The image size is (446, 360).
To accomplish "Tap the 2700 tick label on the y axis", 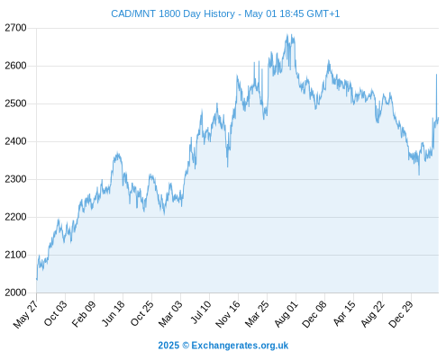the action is [x=15, y=28].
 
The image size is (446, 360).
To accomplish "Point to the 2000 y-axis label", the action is [x=15, y=292].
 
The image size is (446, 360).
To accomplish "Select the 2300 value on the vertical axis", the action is [x=15, y=179].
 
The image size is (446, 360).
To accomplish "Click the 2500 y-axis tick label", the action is [x=15, y=103].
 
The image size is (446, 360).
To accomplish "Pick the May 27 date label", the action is [x=26, y=314].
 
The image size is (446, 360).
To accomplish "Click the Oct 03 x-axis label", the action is [x=56, y=313].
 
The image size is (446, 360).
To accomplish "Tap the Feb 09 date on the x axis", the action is [x=84, y=313].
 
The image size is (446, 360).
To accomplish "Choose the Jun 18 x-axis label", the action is [x=113, y=313].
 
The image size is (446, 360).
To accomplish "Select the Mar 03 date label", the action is [x=170, y=314].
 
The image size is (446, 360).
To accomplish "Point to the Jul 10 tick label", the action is [x=201, y=312].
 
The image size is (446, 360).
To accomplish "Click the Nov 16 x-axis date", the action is [x=228, y=314].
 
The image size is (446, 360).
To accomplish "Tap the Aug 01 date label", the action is [x=287, y=314].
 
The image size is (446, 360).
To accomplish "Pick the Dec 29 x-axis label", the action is [x=401, y=314].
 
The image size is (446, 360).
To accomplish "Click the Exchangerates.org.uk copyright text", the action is [x=240, y=346].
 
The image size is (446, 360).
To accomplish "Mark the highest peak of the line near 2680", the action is [x=287, y=34].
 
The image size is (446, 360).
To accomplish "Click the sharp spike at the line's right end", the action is [x=436, y=74].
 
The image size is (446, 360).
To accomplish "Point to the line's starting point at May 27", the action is [x=37, y=280].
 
